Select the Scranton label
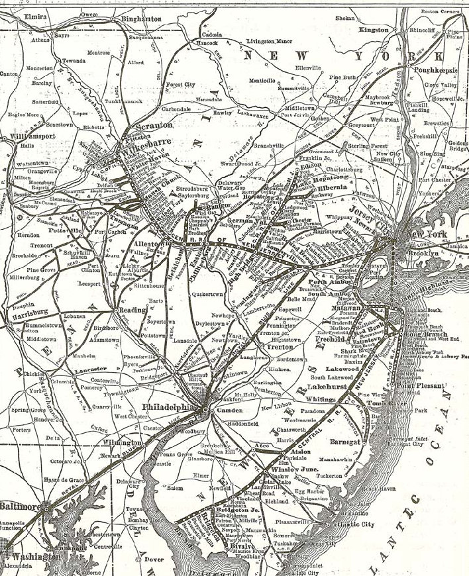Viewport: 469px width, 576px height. pos(154,124)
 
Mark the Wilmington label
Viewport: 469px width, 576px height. pos(122,442)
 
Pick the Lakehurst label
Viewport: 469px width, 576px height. pos(323,385)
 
